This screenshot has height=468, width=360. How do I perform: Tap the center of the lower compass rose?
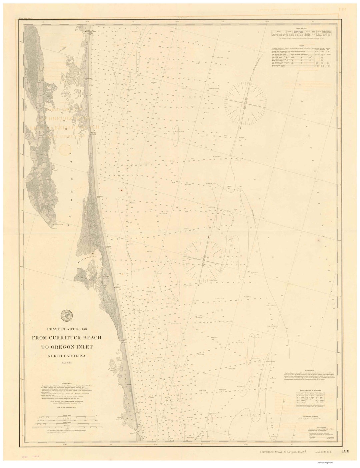coord(204,259)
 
